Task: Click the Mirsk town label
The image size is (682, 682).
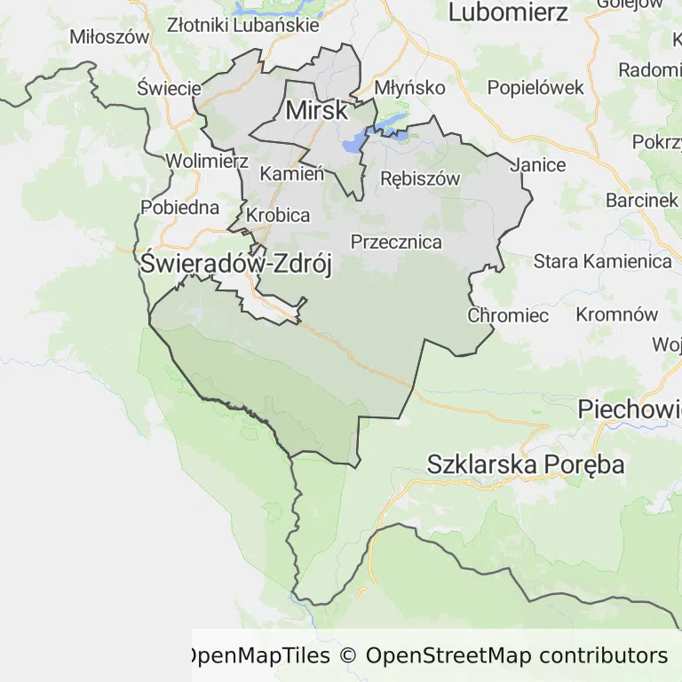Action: click(317, 111)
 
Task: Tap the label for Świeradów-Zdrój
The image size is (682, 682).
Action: click(236, 264)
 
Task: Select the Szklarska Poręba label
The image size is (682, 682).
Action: click(526, 464)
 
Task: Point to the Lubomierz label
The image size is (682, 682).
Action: click(508, 12)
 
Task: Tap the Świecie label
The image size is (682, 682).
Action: click(170, 88)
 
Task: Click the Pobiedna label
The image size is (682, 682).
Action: click(179, 208)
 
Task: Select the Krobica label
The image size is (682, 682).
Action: click(278, 215)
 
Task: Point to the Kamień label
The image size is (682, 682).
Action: click(291, 173)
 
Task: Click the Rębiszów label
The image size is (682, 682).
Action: click(420, 178)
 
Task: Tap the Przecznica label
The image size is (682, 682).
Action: click(396, 242)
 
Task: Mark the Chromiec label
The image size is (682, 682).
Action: click(508, 315)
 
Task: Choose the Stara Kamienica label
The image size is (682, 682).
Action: click(602, 261)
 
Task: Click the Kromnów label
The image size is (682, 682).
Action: click(617, 314)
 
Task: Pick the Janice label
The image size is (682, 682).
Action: click(537, 164)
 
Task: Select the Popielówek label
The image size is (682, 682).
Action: click(535, 88)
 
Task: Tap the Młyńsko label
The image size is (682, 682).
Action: click(409, 88)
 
